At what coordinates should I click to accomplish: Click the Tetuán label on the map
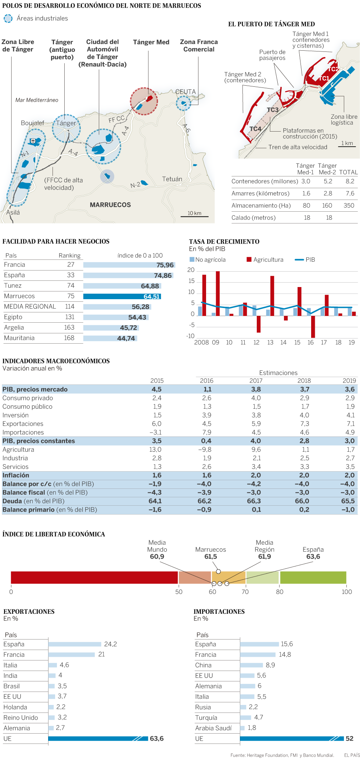point(172,179)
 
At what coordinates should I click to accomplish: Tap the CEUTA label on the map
point(186,92)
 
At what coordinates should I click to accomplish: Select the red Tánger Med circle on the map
point(144,101)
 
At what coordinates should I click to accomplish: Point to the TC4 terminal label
point(255,129)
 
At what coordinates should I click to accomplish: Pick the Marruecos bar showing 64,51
point(122,297)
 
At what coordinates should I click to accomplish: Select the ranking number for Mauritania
point(69,338)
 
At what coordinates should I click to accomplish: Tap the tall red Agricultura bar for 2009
point(218,293)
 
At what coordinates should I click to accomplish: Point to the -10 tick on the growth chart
point(190,336)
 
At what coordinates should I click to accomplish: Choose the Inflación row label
point(16,475)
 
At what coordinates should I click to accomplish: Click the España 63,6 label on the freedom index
point(313,553)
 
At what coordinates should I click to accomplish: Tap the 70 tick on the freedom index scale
point(245,592)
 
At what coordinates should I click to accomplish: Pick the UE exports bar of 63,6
point(98,738)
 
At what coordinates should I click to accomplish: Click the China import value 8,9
point(270,665)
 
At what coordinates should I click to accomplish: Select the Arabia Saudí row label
point(213,728)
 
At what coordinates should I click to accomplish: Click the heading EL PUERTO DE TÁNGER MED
point(271,24)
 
